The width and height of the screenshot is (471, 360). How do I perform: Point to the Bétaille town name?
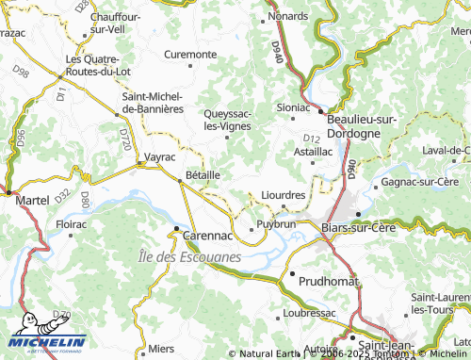[203, 174]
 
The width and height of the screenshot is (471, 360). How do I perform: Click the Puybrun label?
[276, 226]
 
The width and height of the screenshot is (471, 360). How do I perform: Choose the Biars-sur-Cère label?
[359, 227]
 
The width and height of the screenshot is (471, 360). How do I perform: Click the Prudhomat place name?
[328, 281]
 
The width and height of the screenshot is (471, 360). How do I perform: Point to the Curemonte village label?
[190, 54]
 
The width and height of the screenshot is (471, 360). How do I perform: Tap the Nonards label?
[288, 17]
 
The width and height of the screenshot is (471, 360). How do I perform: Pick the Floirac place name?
[72, 225]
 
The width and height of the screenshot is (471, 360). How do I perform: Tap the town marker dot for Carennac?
[174, 229]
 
